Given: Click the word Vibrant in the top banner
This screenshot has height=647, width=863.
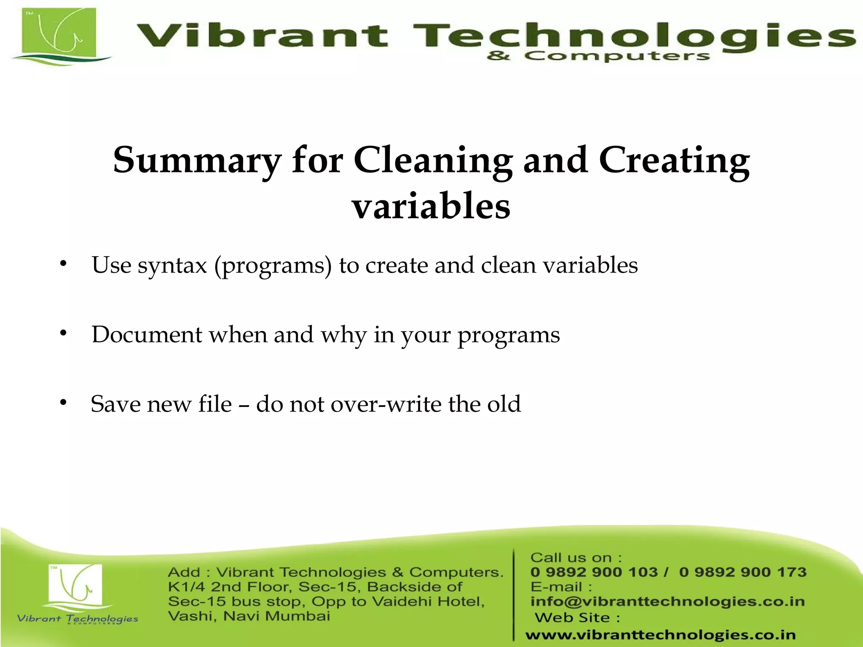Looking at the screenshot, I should pos(261,35).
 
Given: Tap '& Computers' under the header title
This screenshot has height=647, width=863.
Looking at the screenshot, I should pos(598,56).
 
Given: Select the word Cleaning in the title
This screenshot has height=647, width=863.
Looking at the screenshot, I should pos(433,160).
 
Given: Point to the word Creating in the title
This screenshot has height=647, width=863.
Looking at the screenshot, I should pos(674,160).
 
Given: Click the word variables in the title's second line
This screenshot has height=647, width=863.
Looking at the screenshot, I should pos(431,206).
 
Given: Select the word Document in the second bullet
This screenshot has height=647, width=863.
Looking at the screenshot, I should pos(147,335).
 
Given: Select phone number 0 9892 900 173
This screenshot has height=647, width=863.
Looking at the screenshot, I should pos(742,572).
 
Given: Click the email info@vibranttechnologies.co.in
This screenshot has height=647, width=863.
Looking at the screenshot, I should pos(667,602).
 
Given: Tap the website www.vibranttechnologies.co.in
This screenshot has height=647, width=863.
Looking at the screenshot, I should pos(660,634).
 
